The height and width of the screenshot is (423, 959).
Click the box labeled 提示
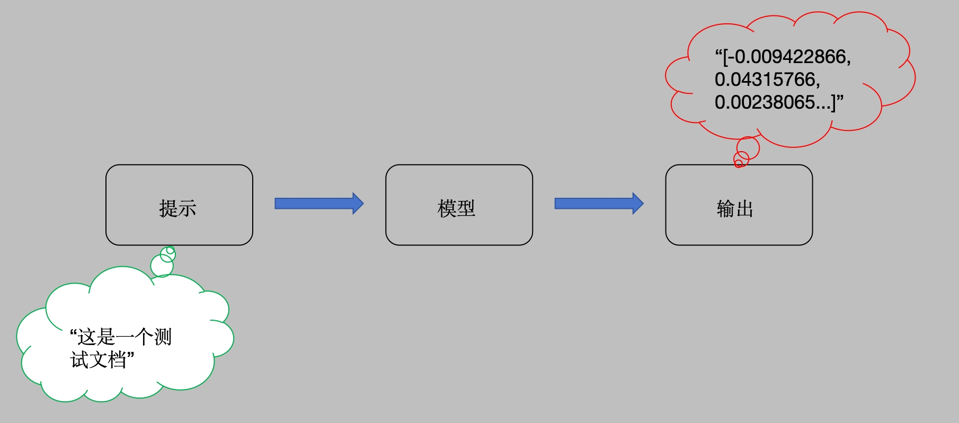point(179,205)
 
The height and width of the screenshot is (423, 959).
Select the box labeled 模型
point(459,205)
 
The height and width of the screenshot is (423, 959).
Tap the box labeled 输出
point(739,205)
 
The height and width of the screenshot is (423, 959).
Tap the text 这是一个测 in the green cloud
point(125,337)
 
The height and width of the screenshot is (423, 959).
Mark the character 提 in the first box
point(168,208)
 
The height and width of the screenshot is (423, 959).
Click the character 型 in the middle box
point(466,208)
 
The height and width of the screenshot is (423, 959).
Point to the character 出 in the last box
point(744,208)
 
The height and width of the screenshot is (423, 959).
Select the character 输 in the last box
point(725,208)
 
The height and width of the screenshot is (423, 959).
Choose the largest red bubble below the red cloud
point(748,148)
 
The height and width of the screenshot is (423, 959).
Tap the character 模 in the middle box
point(447,208)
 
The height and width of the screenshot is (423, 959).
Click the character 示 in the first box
point(187,208)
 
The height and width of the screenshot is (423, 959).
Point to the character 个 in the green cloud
point(144,337)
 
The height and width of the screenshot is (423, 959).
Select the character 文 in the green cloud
point(98,360)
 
